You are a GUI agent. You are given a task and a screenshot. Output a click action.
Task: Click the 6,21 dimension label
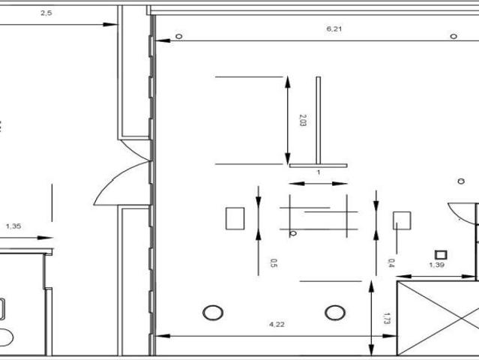[334, 29]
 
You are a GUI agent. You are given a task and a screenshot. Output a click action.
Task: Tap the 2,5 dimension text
[46, 13]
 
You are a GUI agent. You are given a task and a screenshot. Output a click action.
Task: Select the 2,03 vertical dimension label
[303, 120]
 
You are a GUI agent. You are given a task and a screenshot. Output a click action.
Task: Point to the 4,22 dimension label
[277, 324]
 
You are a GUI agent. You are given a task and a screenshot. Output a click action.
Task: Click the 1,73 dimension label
[387, 318]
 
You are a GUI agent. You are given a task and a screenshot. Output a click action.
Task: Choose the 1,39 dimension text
[436, 265]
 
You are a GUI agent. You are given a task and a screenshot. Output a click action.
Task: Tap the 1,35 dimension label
[13, 226]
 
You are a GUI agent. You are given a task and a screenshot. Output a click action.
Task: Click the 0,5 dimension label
[274, 263]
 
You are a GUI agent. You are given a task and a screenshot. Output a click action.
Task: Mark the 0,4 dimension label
[391, 263]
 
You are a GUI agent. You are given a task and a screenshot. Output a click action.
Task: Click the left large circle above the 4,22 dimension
[213, 313]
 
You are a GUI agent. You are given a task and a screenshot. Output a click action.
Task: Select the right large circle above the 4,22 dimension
[335, 313]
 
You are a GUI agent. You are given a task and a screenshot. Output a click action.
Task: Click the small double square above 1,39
[441, 254]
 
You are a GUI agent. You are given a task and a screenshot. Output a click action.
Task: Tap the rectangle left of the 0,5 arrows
[235, 218]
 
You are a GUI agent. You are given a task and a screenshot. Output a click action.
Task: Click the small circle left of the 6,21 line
[179, 36]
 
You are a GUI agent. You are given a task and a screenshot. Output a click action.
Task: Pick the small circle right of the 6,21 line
[454, 36]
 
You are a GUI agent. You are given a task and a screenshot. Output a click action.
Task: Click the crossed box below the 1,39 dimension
[438, 318]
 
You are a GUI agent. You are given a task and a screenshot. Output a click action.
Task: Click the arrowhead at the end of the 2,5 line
[110, 25]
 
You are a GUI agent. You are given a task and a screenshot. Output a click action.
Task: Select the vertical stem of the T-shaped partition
[319, 121]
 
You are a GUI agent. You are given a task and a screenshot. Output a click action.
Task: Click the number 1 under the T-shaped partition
[319, 172]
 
